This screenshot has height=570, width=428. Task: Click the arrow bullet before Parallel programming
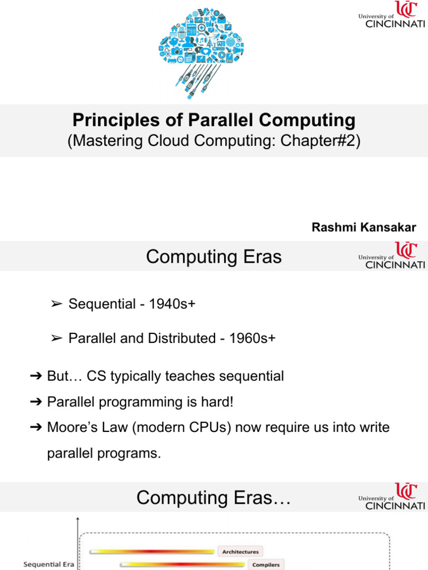(36, 402)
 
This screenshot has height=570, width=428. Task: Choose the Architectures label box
(240, 552)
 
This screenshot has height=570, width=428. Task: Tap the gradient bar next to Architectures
(152, 552)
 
